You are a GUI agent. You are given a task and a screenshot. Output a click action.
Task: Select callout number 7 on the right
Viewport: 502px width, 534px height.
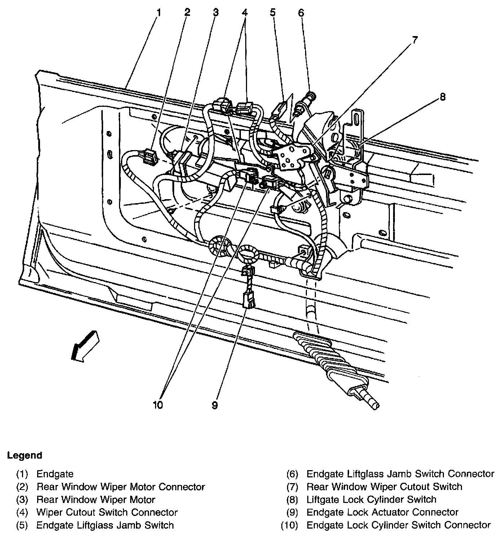(x=415, y=40)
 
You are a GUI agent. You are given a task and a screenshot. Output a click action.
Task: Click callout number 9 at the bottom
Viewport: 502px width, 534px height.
(x=215, y=405)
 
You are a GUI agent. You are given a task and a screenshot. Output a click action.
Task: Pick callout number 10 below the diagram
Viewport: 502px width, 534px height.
(x=158, y=405)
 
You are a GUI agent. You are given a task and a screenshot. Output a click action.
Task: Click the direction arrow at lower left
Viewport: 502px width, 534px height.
(x=85, y=345)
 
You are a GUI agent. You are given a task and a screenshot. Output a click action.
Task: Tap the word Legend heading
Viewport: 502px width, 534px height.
(x=25, y=455)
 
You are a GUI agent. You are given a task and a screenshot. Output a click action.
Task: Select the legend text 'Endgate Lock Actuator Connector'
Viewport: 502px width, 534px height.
(x=382, y=512)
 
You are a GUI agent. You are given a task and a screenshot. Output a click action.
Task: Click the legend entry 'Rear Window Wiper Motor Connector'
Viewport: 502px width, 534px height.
(x=121, y=487)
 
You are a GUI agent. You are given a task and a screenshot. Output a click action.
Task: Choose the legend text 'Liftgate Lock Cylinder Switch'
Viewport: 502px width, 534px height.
(x=371, y=500)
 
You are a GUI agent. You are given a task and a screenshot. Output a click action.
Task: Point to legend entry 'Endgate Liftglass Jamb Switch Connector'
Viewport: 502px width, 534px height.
(x=400, y=474)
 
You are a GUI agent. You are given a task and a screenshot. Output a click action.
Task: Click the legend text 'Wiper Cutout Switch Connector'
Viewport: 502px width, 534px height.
(x=107, y=512)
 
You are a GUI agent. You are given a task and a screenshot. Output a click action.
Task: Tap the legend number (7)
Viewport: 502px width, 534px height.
(x=292, y=487)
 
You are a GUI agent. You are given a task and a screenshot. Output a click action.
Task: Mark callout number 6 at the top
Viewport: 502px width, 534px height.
(x=301, y=13)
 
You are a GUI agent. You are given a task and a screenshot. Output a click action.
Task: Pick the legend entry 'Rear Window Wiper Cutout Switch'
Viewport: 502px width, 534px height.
(x=384, y=487)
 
